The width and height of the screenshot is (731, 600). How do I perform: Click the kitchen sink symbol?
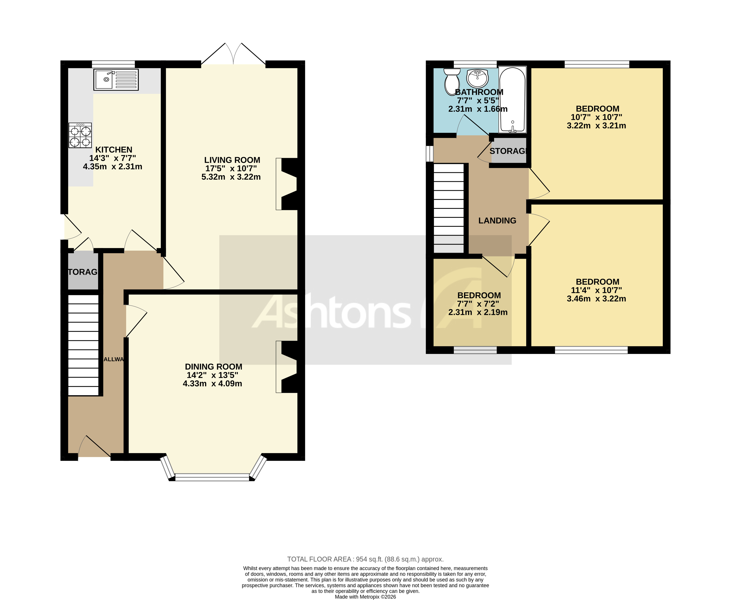(x=116, y=79)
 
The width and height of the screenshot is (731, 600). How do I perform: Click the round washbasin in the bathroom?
(x=477, y=78)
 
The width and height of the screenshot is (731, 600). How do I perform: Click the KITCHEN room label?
(x=114, y=150)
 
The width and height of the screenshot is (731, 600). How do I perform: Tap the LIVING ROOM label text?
(x=232, y=160)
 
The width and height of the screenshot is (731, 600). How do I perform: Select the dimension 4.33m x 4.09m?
(x=212, y=383)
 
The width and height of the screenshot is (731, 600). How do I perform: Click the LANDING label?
(x=497, y=220)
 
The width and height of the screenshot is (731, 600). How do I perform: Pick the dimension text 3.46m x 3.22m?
(x=596, y=299)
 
